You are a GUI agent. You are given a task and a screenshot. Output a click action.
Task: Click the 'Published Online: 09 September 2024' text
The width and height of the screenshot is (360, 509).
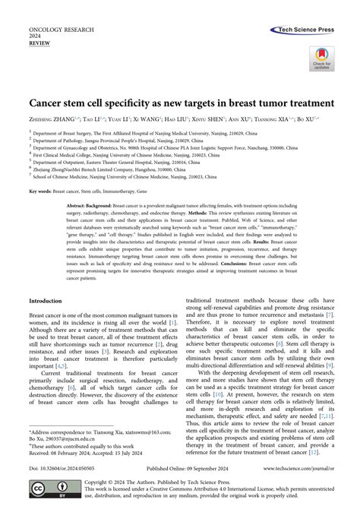(179, 469)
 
